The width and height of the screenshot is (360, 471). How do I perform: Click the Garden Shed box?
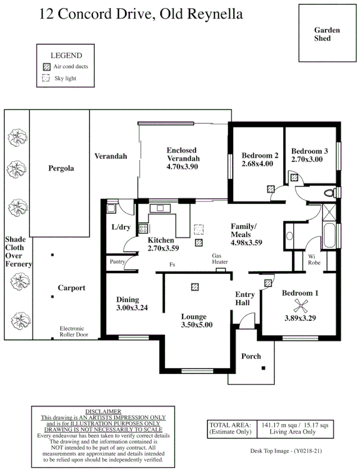327,34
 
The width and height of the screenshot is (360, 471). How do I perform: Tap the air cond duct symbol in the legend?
46,67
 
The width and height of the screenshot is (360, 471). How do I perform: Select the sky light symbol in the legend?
46,78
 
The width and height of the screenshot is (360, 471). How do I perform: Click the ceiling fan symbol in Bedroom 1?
300,307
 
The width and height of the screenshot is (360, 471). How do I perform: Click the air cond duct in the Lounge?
194,287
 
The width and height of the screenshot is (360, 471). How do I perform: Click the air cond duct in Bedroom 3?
294,178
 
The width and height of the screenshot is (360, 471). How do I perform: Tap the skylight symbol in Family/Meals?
198,229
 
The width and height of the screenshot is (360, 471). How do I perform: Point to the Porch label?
251,356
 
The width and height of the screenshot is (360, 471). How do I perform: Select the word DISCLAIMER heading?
103,411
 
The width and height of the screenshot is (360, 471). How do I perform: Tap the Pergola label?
61,168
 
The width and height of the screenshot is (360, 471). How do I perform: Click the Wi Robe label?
314,259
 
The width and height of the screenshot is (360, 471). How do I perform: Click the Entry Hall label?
245,299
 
